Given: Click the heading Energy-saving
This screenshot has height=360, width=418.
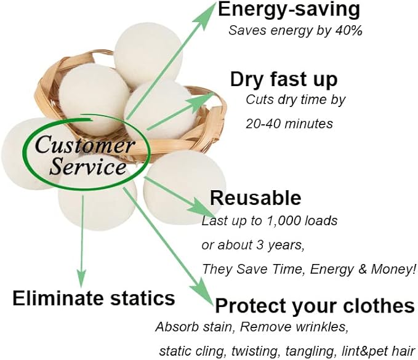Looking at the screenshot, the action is (x=289, y=10).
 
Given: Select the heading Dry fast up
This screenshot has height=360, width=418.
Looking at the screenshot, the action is (x=284, y=80).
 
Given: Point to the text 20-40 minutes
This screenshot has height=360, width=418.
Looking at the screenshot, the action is (x=289, y=124).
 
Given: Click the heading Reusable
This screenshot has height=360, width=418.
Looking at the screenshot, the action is (x=255, y=198).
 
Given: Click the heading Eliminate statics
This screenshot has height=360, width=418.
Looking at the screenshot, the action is (x=94, y=298).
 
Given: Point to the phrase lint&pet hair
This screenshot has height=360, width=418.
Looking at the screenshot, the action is (x=378, y=351).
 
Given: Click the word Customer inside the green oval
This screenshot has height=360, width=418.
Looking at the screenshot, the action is (x=84, y=145).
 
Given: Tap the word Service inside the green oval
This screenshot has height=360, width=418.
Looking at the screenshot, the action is (x=88, y=167).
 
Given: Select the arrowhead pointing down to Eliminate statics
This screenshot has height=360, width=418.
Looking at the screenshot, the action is (x=82, y=278).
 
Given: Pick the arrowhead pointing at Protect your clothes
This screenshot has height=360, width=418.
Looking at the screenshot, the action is (x=203, y=292).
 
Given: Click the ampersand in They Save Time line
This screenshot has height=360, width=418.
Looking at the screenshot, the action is (x=362, y=269).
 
